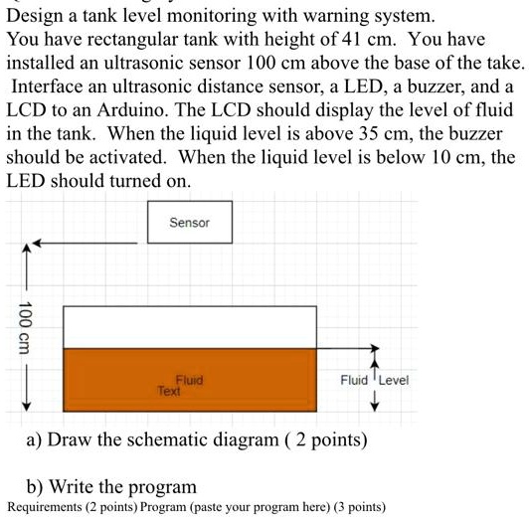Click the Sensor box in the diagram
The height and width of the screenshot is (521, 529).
(189, 223)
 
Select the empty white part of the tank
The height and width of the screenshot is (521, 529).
(189, 326)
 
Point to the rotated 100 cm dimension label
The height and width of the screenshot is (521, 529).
(24, 324)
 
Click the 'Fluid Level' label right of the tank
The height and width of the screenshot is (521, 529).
(374, 380)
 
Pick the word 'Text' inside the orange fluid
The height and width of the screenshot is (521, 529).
(169, 392)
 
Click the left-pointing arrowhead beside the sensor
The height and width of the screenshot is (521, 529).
(37, 242)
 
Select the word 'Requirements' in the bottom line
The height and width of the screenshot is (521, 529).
(45, 507)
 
